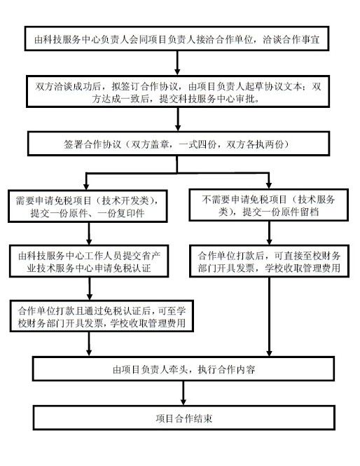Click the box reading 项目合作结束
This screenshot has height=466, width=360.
[184, 418]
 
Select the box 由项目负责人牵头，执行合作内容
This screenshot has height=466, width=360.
[184, 369]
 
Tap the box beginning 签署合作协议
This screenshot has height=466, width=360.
[179, 144]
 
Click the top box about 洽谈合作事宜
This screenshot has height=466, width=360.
[176, 39]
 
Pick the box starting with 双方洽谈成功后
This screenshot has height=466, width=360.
[178, 92]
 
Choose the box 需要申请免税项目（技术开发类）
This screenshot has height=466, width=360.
[88, 206]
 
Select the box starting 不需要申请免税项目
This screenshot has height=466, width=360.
[268, 205]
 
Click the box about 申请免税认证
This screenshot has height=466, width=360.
[89, 261]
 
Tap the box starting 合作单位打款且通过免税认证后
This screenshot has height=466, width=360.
[102, 316]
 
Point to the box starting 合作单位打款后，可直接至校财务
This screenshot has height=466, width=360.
[269, 261]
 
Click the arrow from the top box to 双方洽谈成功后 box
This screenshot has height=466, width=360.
[177, 63]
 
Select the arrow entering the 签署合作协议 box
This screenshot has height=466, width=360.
[178, 119]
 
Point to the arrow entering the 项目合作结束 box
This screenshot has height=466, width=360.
[184, 393]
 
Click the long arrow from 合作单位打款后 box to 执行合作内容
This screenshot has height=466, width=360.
[269, 317]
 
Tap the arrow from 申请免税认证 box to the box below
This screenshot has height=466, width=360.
[90, 289]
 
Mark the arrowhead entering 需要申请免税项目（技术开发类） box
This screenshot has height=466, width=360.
[86, 186]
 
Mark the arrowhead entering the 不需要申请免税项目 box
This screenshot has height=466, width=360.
[268, 185]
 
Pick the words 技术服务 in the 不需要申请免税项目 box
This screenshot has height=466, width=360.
[316, 200]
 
